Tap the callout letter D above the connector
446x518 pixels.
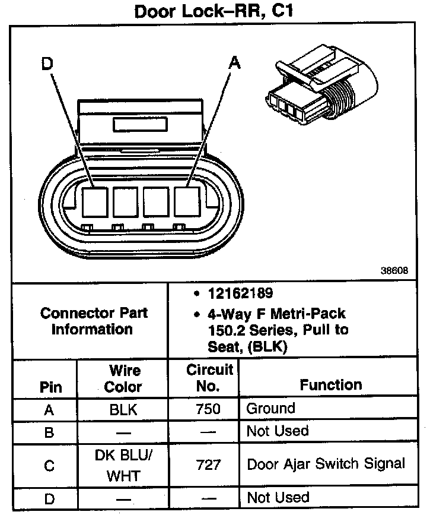47,63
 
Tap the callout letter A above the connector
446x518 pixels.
235,63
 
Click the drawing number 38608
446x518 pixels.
394,271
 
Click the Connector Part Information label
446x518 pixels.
94,321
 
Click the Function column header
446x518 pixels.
330,385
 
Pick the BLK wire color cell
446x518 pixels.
123,409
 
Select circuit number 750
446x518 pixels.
208,409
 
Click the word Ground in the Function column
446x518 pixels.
270,409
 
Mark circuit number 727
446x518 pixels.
208,465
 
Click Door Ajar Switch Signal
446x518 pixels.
326,463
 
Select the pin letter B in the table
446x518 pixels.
49,432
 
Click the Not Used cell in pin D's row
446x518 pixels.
278,498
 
